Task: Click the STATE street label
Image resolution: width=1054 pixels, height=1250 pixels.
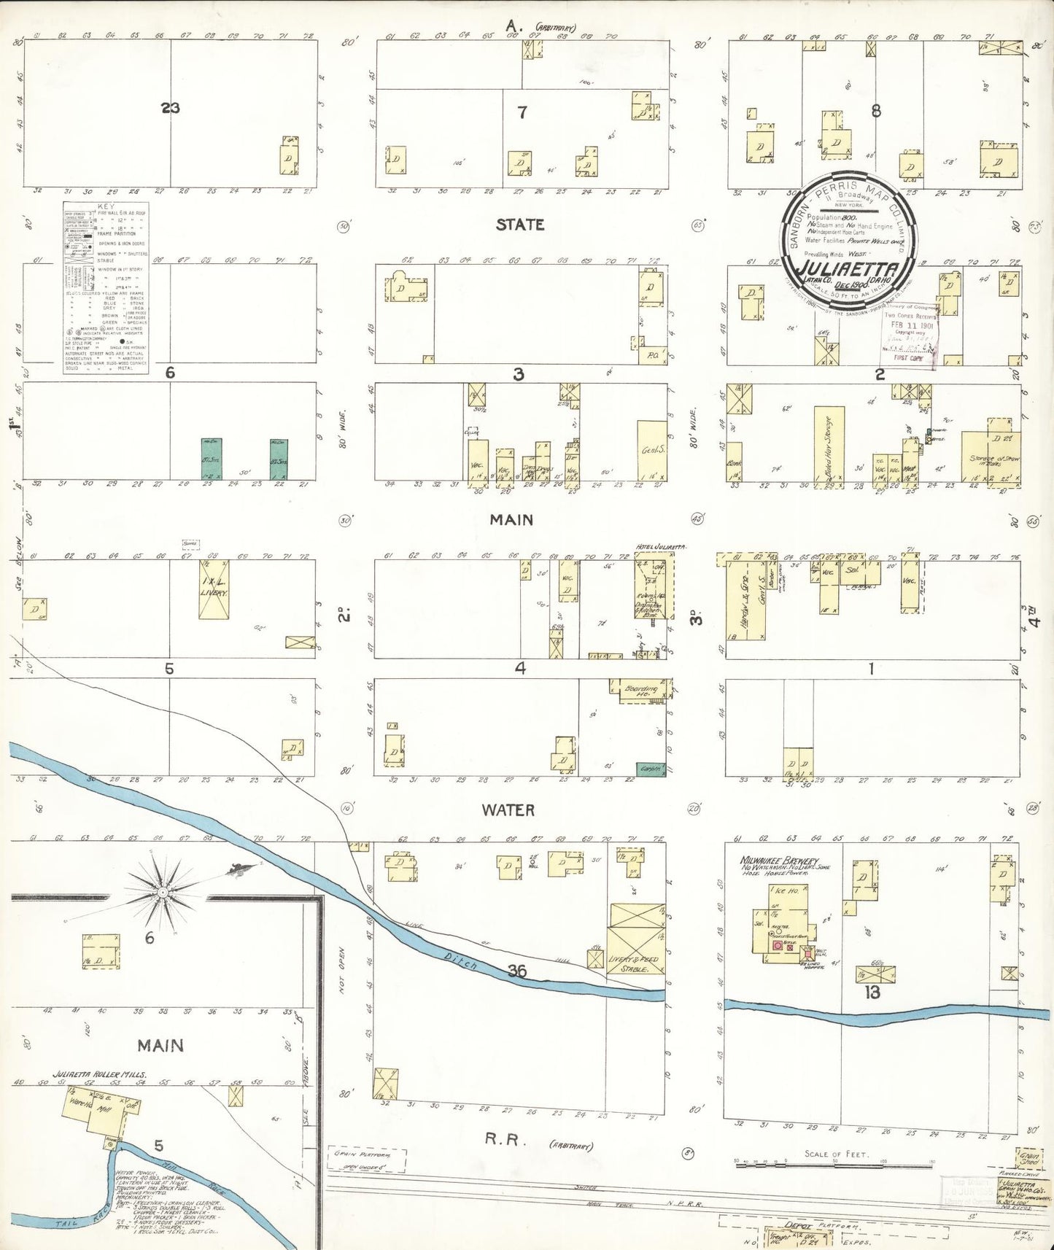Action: pos(519,225)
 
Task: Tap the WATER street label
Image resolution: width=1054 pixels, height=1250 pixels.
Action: pos(508,810)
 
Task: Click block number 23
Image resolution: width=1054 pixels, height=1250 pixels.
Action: pos(170,108)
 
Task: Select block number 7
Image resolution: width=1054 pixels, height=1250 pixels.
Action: pos(522,112)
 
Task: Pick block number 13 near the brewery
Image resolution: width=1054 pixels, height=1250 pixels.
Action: pos(872,993)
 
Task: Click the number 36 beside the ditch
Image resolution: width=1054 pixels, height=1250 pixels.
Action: pos(518,970)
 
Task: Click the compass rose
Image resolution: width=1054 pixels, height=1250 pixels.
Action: pos(166,890)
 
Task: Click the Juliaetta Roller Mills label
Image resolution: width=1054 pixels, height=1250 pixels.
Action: pos(99,1075)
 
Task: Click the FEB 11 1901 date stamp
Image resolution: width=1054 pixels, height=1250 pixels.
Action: pos(906,325)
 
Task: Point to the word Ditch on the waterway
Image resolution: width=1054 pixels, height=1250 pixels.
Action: pos(460,961)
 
